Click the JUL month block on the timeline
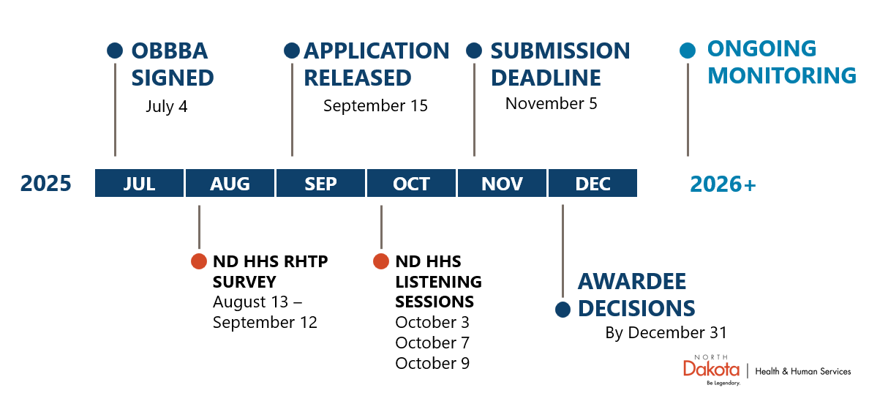pyautogui.click(x=139, y=183)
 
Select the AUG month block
pyautogui.click(x=230, y=183)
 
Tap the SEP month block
pyautogui.click(x=320, y=183)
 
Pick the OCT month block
pyautogui.click(x=411, y=183)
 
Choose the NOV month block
pyautogui.click(x=502, y=183)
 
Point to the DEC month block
pyautogui.click(x=592, y=183)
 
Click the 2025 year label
pyautogui.click(x=46, y=183)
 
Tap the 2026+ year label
pyautogui.click(x=723, y=184)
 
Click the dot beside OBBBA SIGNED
pyautogui.click(x=115, y=51)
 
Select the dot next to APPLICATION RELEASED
pyautogui.click(x=292, y=51)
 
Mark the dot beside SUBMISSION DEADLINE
pyautogui.click(x=474, y=51)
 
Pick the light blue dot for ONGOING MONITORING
pyautogui.click(x=688, y=51)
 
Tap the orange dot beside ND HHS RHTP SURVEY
pyautogui.click(x=199, y=261)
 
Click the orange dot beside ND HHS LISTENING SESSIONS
pyautogui.click(x=381, y=261)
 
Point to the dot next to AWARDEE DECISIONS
pyautogui.click(x=563, y=309)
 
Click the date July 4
pyautogui.click(x=166, y=106)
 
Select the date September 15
pyautogui.click(x=375, y=106)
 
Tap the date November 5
pyautogui.click(x=551, y=103)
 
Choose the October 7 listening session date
pyautogui.click(x=432, y=343)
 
